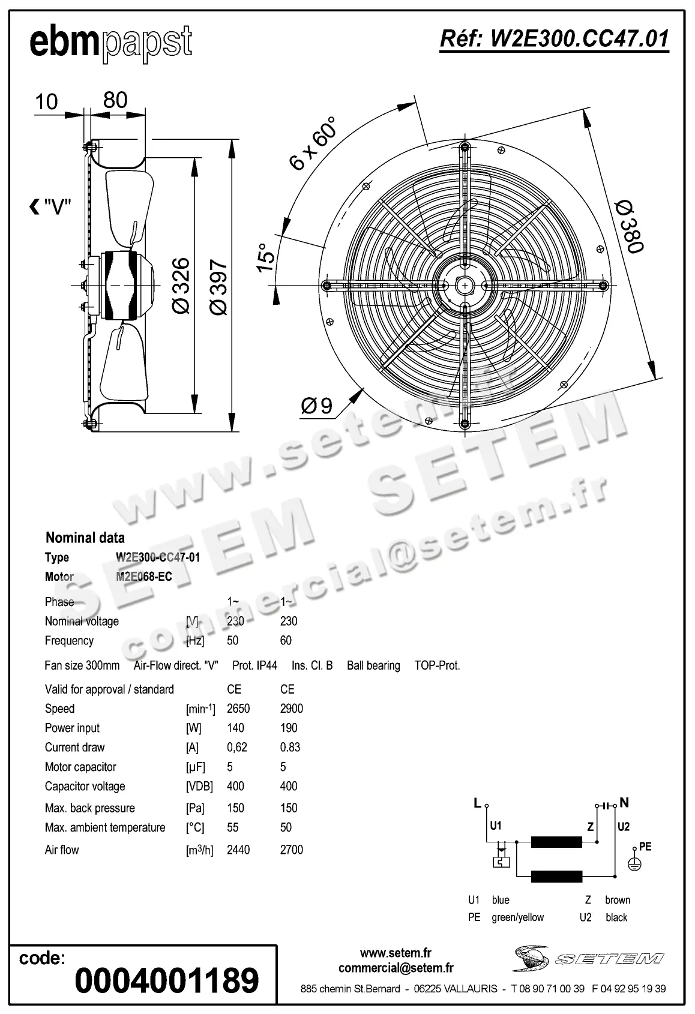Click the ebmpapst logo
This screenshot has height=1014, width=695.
point(111,43)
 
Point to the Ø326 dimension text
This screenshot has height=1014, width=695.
point(180,286)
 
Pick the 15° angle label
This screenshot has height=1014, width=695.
point(265,258)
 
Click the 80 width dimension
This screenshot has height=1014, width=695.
point(115,100)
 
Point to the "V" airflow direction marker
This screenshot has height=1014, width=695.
point(51,208)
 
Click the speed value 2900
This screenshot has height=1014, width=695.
point(291,709)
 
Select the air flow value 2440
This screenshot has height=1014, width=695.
point(238,850)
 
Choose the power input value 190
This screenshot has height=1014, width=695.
point(288,728)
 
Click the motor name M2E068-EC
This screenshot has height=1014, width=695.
point(144,577)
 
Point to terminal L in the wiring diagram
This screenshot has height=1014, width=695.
point(478,803)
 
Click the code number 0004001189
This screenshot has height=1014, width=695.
point(167,980)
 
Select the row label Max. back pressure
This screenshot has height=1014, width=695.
point(89,808)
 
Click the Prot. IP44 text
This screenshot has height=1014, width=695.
point(254,665)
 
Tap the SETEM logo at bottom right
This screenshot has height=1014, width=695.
point(588,958)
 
